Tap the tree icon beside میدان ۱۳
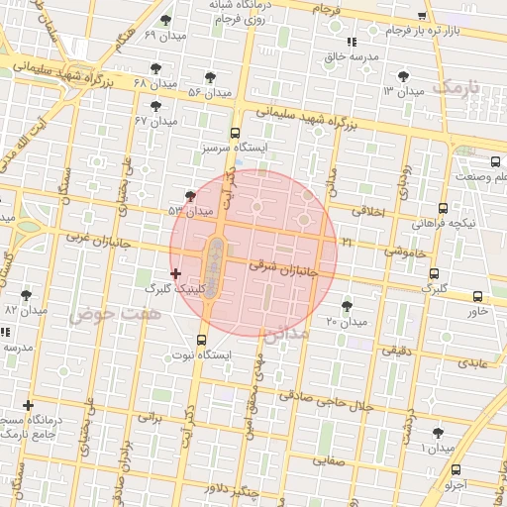402,76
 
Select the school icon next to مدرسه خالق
352,42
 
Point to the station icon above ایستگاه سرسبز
235,133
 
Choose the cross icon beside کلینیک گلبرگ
176,273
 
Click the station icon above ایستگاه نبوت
202,340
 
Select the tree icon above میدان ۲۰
347,306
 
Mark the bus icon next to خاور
478,296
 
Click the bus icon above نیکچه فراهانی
443,209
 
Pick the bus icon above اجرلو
456,469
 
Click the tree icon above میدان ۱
438,433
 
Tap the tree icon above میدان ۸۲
26,294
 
